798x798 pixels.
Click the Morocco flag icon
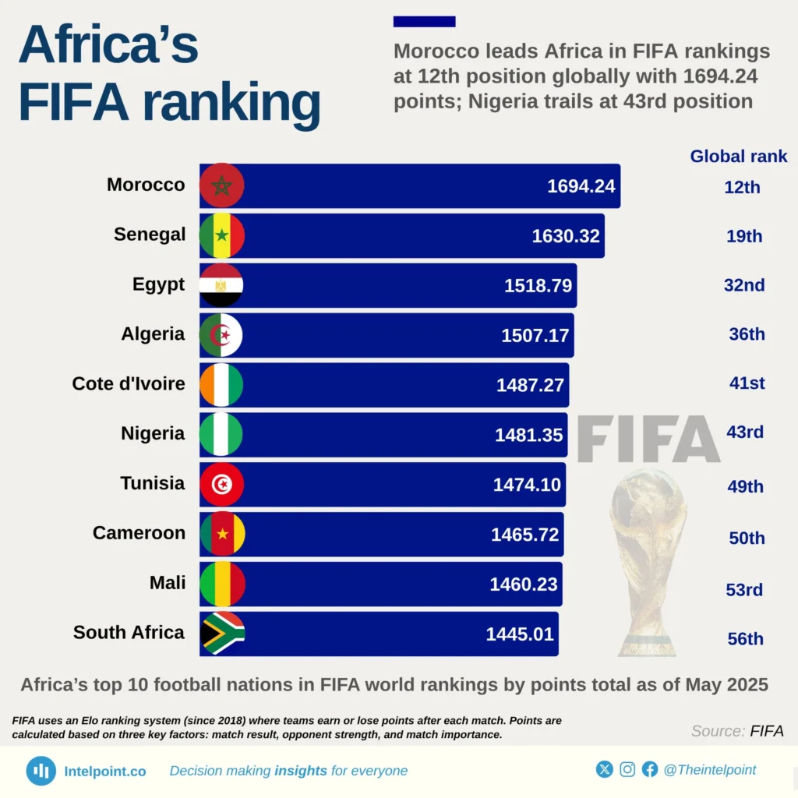click(222, 185)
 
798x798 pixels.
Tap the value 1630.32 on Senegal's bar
click(565, 235)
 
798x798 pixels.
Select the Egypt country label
click(158, 284)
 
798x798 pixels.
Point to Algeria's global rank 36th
click(745, 334)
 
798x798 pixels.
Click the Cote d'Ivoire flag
click(222, 384)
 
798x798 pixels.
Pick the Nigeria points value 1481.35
click(528, 435)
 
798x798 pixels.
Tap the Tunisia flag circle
click(222, 484)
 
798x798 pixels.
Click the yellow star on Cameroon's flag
click(223, 534)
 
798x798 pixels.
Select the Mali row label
click(167, 582)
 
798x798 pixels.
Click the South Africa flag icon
click(222, 633)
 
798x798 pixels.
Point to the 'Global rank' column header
click(738, 156)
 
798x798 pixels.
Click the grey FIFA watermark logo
click(648, 440)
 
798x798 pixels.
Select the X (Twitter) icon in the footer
click(605, 770)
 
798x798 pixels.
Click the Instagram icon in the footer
click(627, 770)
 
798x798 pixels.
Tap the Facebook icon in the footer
click(650, 770)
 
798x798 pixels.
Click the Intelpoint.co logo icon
click(41, 771)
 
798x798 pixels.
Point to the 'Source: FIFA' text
click(736, 731)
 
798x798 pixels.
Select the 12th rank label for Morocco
click(741, 187)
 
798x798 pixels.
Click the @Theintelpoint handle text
click(709, 770)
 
